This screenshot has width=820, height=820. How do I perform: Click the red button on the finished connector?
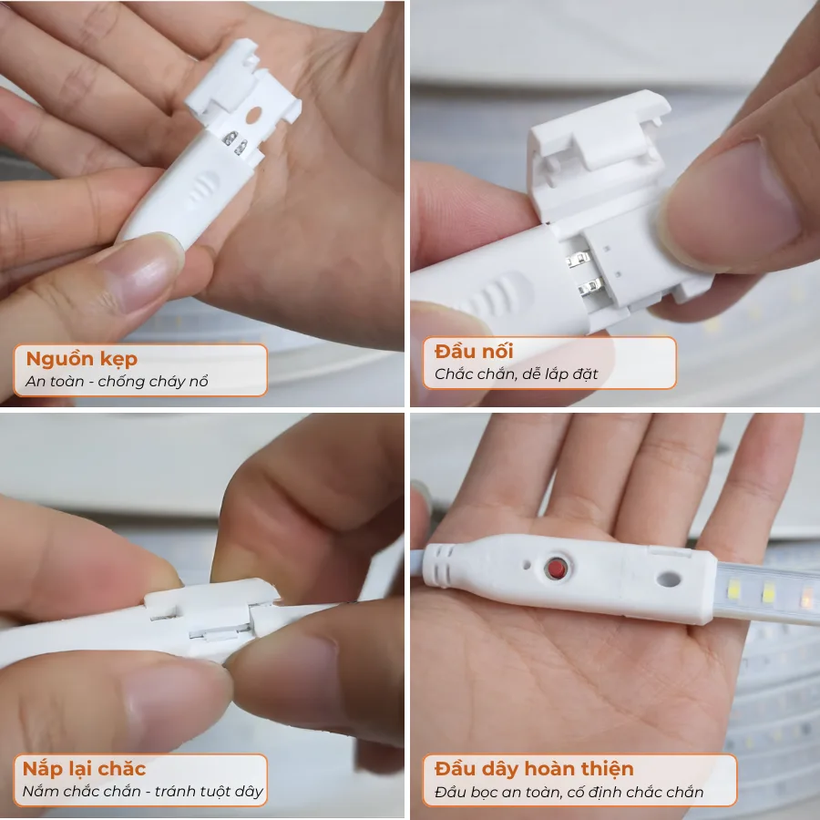click(x=557, y=568)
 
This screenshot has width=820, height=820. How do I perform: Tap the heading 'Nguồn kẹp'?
click(x=82, y=359)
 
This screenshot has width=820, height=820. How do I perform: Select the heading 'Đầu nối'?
click(x=474, y=352)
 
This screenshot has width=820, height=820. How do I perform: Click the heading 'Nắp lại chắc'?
click(x=84, y=769)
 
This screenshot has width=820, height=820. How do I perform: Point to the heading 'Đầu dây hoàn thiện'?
click(x=534, y=769)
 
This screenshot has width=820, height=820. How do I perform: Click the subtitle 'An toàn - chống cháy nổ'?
click(x=117, y=381)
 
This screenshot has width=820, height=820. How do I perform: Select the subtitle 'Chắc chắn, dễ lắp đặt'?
click(x=517, y=374)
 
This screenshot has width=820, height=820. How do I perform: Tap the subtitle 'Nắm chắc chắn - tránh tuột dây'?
click(x=143, y=791)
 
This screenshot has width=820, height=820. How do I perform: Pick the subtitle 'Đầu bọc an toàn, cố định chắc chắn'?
click(x=569, y=792)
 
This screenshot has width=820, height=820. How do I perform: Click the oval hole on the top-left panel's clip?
click(x=253, y=116)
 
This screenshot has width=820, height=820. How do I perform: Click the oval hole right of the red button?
click(x=669, y=579)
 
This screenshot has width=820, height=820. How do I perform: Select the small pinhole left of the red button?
click(x=527, y=565)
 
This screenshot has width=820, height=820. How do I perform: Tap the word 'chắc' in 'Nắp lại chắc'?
click(x=122, y=769)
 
